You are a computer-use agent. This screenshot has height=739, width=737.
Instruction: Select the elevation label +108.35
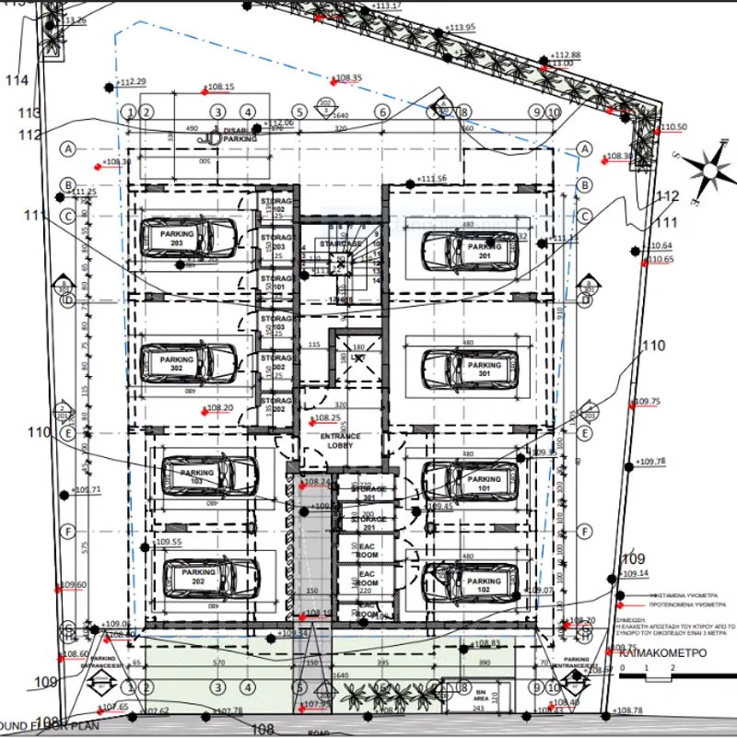click(x=348, y=78)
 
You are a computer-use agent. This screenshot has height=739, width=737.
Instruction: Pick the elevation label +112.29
click(x=132, y=82)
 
